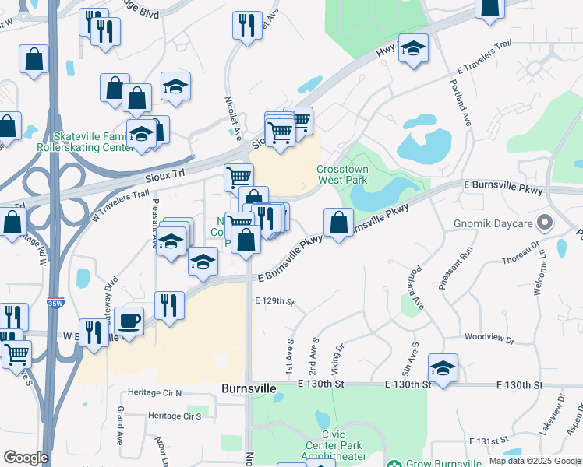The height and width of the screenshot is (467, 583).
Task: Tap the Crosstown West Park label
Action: coord(341,174)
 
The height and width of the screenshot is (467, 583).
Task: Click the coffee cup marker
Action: coord(129,320)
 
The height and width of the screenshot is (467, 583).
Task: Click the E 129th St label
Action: coord(274,301)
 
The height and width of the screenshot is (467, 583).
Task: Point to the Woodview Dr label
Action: coord(489,339)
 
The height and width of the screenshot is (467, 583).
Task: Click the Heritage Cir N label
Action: coord(155,393)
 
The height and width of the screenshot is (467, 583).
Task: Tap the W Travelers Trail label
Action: coord(118,206)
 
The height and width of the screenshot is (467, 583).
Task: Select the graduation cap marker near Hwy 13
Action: coord(413,49)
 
